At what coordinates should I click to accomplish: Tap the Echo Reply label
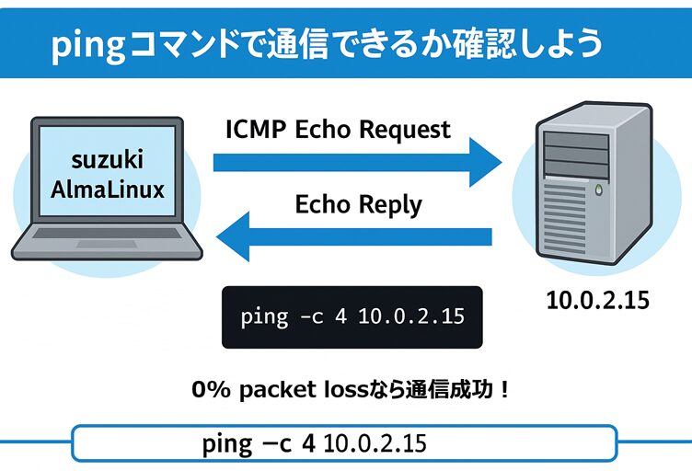(358, 205)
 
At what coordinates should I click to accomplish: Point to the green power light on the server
(599, 191)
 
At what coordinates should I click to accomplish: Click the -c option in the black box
(310, 317)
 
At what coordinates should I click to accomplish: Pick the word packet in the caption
(271, 390)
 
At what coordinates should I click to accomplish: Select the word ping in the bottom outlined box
(226, 443)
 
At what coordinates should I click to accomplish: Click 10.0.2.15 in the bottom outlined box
(375, 443)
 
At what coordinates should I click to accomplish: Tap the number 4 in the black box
(343, 317)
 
